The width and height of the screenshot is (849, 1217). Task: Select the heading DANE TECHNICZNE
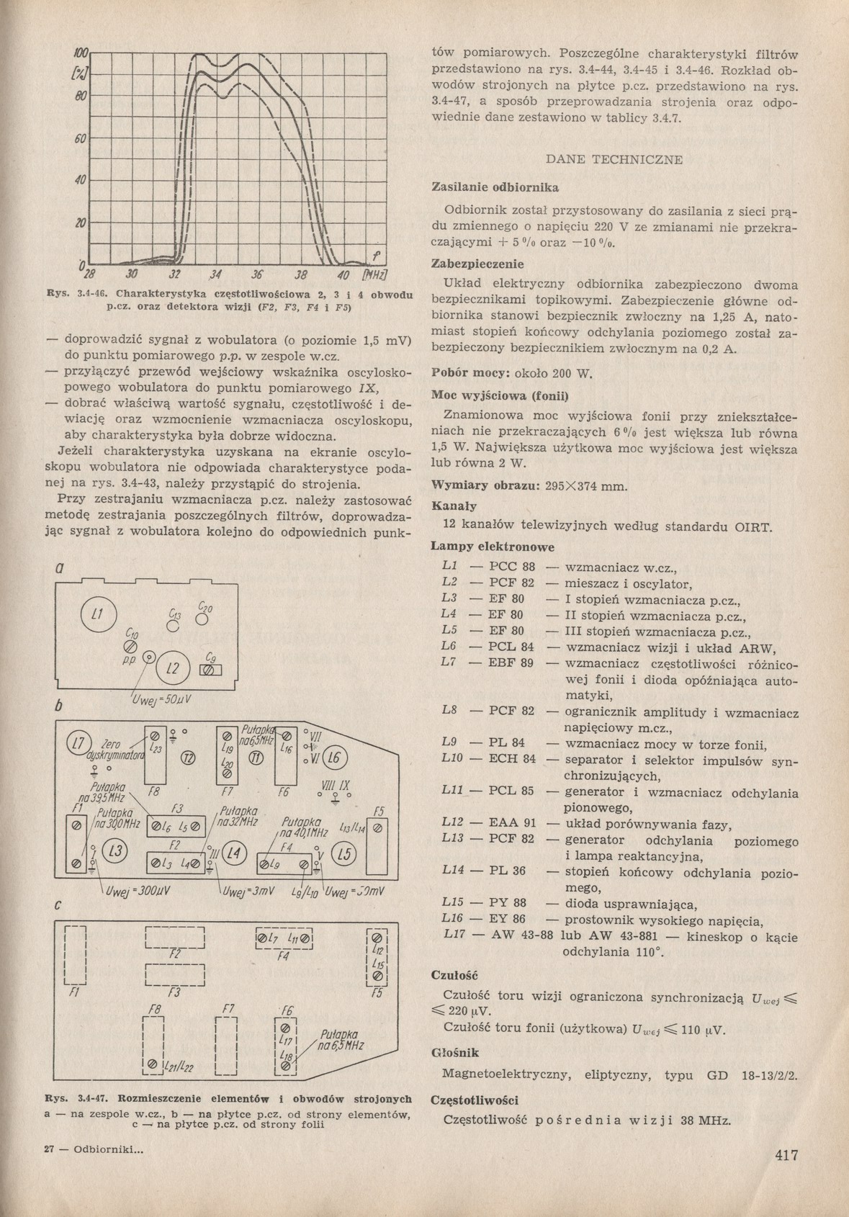[x=614, y=159]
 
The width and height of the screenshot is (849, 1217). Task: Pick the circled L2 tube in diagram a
[x=173, y=669]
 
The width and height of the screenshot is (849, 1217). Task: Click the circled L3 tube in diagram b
[x=113, y=853]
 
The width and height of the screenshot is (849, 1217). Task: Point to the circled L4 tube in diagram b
[x=233, y=854]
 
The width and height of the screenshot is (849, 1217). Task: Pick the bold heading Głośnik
[x=454, y=1052]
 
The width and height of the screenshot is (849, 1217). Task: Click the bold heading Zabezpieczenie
[x=477, y=264]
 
